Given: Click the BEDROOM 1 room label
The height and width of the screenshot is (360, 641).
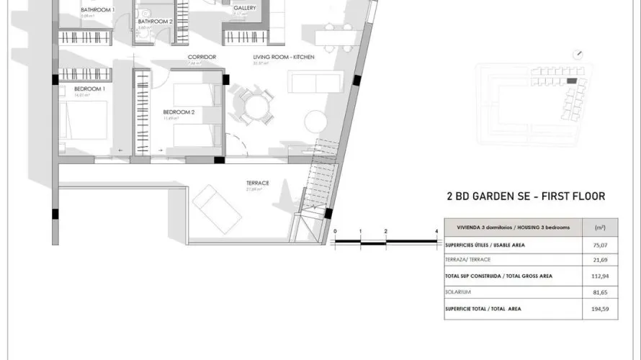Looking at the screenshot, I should [90, 89].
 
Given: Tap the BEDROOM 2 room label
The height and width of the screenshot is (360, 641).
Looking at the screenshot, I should [179, 112].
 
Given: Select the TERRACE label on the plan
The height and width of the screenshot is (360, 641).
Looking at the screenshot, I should [257, 183].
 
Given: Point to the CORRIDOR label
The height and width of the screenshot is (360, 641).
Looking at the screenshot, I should [202, 57].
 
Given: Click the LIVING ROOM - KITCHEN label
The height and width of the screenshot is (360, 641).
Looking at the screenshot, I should [284, 57].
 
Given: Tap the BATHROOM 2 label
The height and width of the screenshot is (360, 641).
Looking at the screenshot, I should [156, 22].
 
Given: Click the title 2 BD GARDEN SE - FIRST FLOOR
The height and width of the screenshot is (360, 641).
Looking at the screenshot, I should [526, 196].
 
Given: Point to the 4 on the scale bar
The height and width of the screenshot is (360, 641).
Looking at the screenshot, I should [437, 231].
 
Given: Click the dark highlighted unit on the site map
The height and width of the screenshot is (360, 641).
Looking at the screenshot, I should [571, 81].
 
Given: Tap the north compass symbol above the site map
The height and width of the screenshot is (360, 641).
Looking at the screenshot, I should [578, 54].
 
